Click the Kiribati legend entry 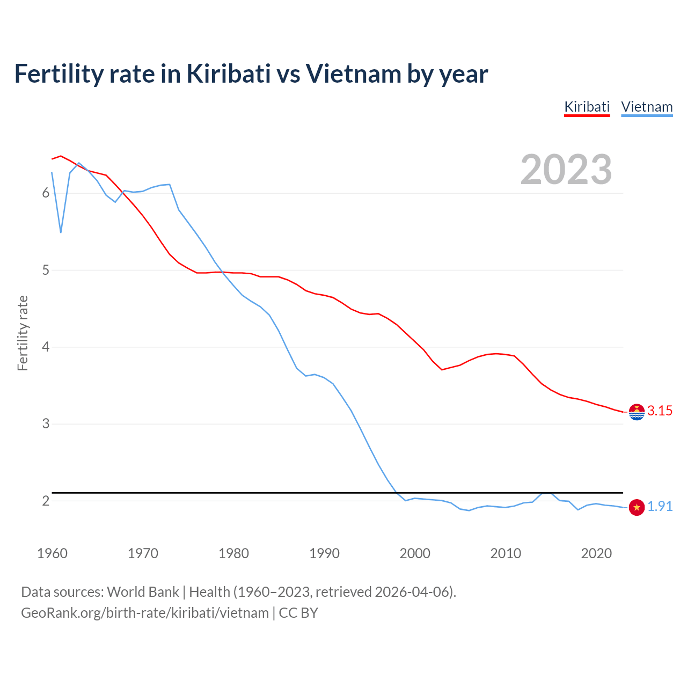coord(587,107)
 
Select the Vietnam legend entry coord(647,107)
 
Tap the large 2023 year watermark coord(566,170)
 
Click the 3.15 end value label coord(660,411)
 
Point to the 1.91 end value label coord(660,507)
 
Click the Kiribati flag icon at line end coord(637,412)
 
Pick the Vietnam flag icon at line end coord(637,507)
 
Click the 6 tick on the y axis coord(46,193)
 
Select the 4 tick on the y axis coord(46,347)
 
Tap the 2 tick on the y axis coord(46,501)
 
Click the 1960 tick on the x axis coord(52,553)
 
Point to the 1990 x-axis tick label coord(324,553)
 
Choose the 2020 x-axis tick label coord(596,553)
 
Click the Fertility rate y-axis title coord(23,333)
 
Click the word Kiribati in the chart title coord(228,74)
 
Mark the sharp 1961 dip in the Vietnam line coord(61,232)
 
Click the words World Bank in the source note coord(143,592)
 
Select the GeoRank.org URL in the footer coord(144,613)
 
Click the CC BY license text coord(298,613)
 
